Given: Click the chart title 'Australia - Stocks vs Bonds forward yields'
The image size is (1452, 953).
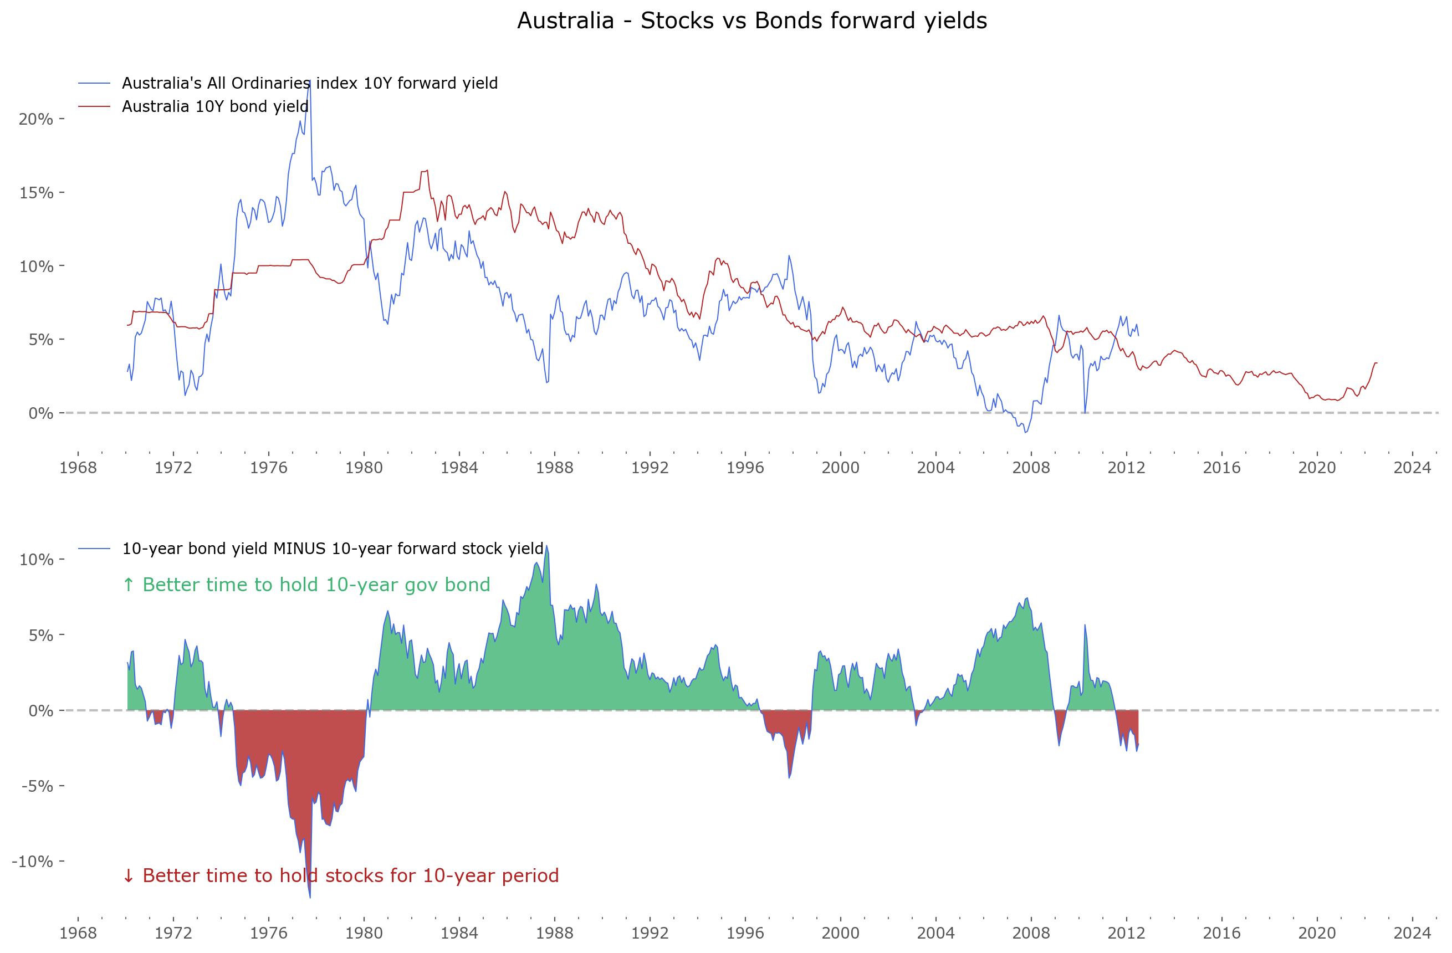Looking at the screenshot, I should (x=751, y=21).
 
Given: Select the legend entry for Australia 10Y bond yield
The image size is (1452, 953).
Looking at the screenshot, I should (x=214, y=106).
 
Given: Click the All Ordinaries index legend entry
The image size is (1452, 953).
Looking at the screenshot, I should (x=309, y=83).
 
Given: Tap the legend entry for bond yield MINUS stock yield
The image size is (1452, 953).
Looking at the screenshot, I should (x=333, y=549).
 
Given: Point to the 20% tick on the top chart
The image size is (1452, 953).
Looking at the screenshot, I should (x=36, y=119).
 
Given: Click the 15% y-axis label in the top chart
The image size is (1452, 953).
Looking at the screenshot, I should (x=36, y=193).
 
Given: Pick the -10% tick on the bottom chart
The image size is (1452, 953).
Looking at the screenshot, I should (x=32, y=861).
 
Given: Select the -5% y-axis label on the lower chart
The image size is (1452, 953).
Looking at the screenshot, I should (x=37, y=786).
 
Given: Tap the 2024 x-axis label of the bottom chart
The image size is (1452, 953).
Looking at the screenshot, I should (x=1412, y=933).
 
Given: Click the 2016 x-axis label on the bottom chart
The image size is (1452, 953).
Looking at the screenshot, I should (x=1221, y=933).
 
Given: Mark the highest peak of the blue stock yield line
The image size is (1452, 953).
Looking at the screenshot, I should (x=309, y=81).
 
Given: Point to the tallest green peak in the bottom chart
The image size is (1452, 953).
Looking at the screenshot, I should (x=546, y=547).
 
